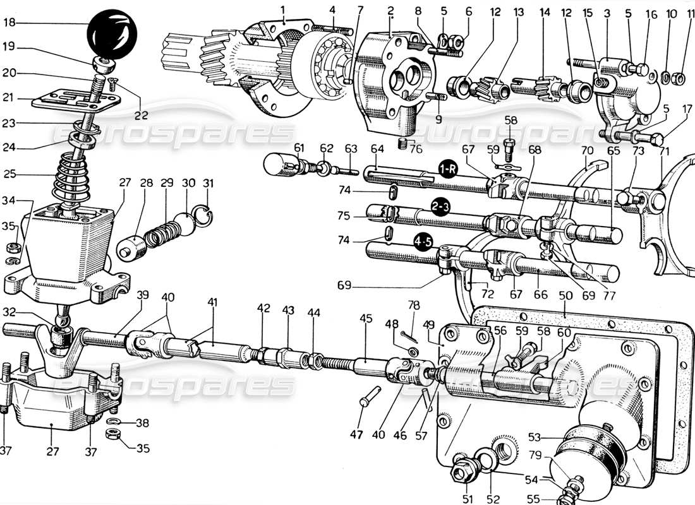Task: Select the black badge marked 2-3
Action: pos(441,206)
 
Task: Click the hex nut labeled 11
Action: pos(678,78)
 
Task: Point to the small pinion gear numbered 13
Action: pos(490,88)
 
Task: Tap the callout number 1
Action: pos(283,9)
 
